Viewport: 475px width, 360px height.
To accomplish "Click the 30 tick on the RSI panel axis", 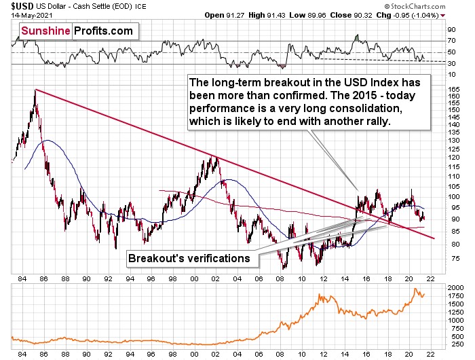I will point(451,63).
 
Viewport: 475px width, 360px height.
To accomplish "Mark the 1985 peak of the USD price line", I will point(35,90).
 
